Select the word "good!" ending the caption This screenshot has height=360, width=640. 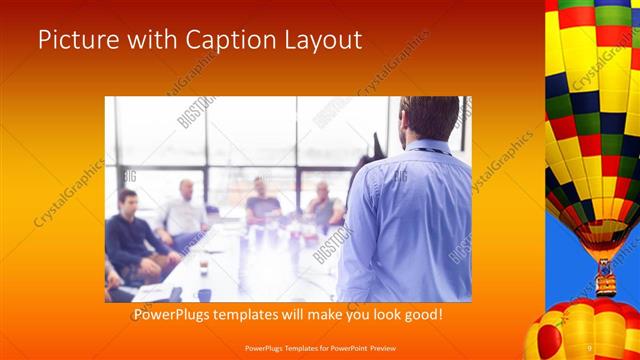coord(423,315)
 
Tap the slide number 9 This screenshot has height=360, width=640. coord(590,347)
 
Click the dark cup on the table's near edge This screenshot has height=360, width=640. coord(204,294)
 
